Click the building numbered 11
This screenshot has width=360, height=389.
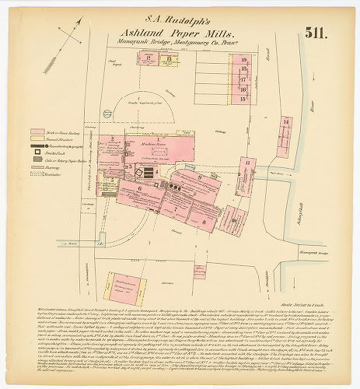click(247, 162)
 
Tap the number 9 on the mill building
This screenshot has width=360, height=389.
click(200, 177)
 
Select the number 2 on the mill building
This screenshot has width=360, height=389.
click(113, 138)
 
